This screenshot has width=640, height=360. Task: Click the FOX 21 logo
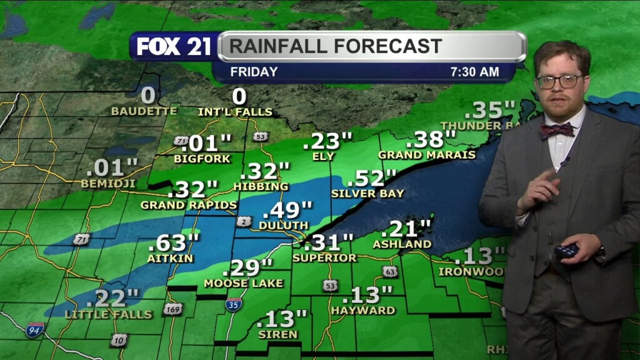(174, 47)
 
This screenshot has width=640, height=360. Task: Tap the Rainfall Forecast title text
(335, 46)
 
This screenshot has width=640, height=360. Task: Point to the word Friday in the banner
(254, 72)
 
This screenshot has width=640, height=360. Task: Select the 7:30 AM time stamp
(474, 72)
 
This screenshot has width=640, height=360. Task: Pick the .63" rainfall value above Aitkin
(174, 241)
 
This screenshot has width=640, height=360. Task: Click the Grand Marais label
(427, 154)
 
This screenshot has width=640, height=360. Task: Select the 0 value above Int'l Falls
(239, 97)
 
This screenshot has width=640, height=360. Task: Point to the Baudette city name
(144, 111)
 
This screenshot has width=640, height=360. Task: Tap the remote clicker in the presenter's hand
(566, 251)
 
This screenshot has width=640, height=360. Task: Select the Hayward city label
(363, 310)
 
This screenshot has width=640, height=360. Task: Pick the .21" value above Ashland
(410, 229)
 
